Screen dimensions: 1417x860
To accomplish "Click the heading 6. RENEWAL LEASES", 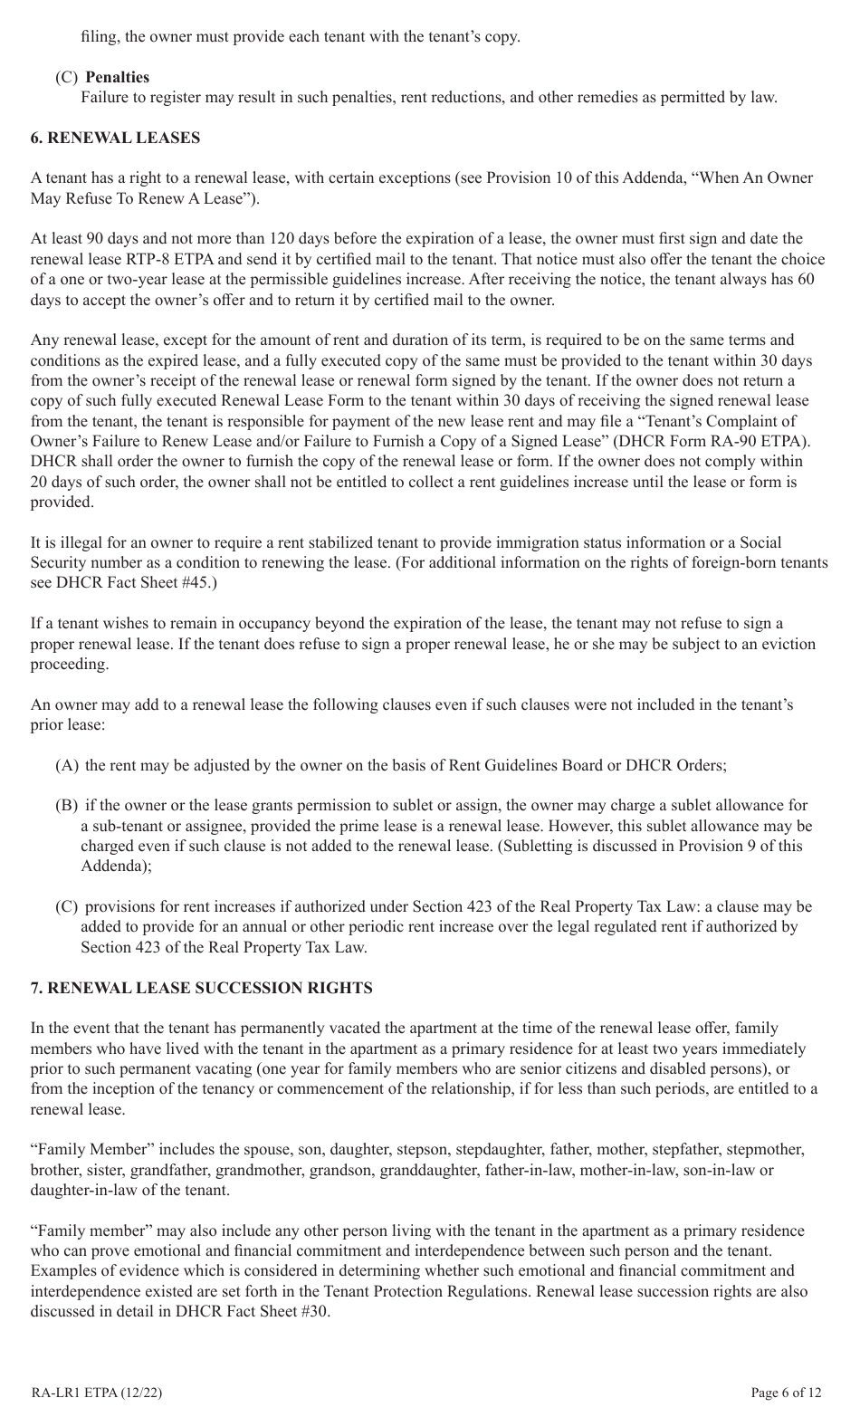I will (x=116, y=138).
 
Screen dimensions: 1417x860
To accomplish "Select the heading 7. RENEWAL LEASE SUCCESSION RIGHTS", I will (x=202, y=988).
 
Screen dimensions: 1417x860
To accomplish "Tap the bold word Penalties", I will (x=118, y=77).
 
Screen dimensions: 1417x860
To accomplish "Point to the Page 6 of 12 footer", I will (x=787, y=1393).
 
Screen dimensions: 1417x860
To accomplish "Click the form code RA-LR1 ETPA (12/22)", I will (x=97, y=1393).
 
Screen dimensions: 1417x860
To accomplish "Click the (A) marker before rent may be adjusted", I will (x=68, y=765).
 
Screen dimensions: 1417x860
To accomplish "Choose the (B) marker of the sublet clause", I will (x=68, y=805).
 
